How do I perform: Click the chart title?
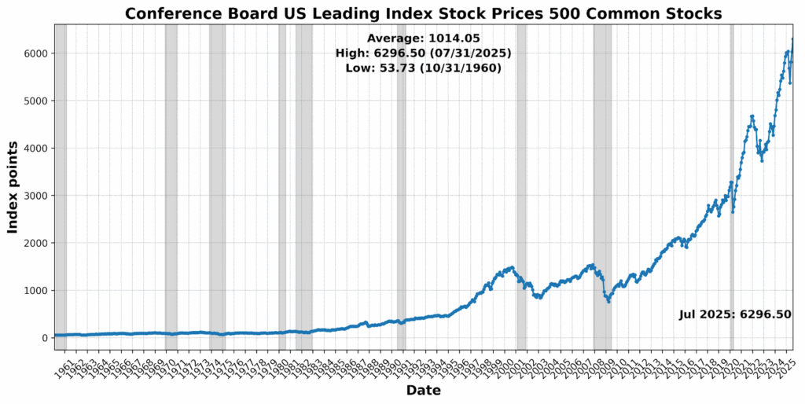pos(423,13)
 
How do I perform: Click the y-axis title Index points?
pos(13,187)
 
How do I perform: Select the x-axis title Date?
pos(423,391)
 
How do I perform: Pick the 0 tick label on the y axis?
pos(43,338)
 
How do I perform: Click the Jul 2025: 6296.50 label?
pos(735,314)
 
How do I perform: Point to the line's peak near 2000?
pos(512,267)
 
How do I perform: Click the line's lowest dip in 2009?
pos(608,302)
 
